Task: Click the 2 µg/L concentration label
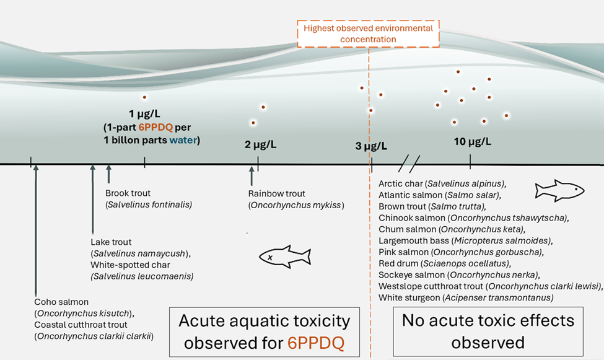(260, 145)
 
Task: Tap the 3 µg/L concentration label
(371, 147)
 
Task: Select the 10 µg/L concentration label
(472, 141)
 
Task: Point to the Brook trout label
(128, 193)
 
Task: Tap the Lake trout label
(111, 242)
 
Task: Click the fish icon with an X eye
(284, 257)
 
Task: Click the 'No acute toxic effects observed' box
(488, 331)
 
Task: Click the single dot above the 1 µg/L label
(144, 97)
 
